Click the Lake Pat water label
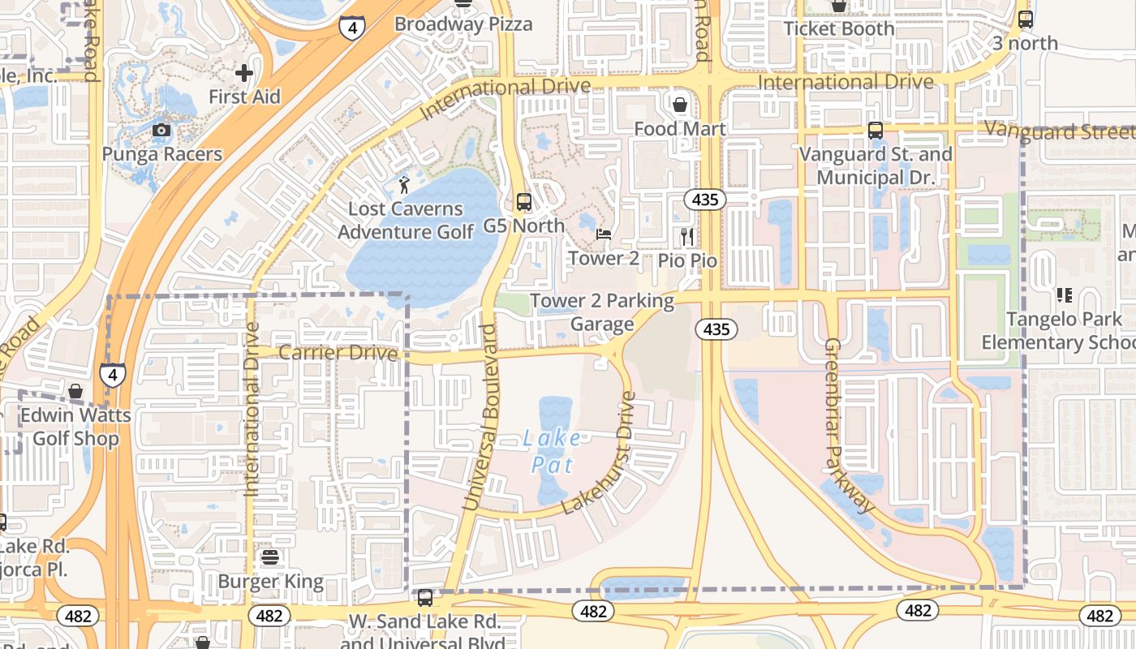coord(552,452)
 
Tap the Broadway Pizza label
coord(463,24)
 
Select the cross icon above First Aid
coord(244,73)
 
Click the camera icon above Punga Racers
coord(161,130)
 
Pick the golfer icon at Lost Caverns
coord(404,185)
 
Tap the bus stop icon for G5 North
coord(524,202)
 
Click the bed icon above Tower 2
coord(604,234)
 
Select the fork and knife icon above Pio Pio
coord(687,237)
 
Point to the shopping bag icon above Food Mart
coord(680,105)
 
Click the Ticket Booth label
coord(839,29)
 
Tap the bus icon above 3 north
coord(1026,19)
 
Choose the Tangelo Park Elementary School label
coord(1059,331)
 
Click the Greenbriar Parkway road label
coord(850,426)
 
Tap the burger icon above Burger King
coord(270,558)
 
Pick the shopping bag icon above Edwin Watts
coord(75,392)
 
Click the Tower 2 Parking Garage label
coord(602,312)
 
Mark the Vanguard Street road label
coord(1059,131)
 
